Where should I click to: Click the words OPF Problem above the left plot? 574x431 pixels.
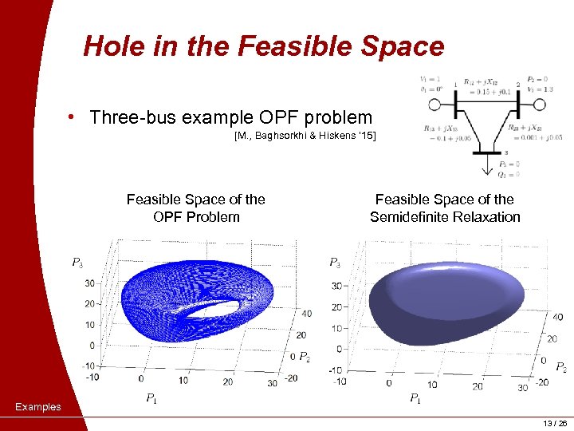196,216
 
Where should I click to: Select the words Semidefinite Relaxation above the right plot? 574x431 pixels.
444,216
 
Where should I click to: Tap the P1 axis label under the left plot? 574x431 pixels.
150,398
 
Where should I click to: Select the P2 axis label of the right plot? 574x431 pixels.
560,367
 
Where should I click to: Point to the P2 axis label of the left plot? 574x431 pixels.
303,356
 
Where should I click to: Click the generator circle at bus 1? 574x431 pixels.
435,105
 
